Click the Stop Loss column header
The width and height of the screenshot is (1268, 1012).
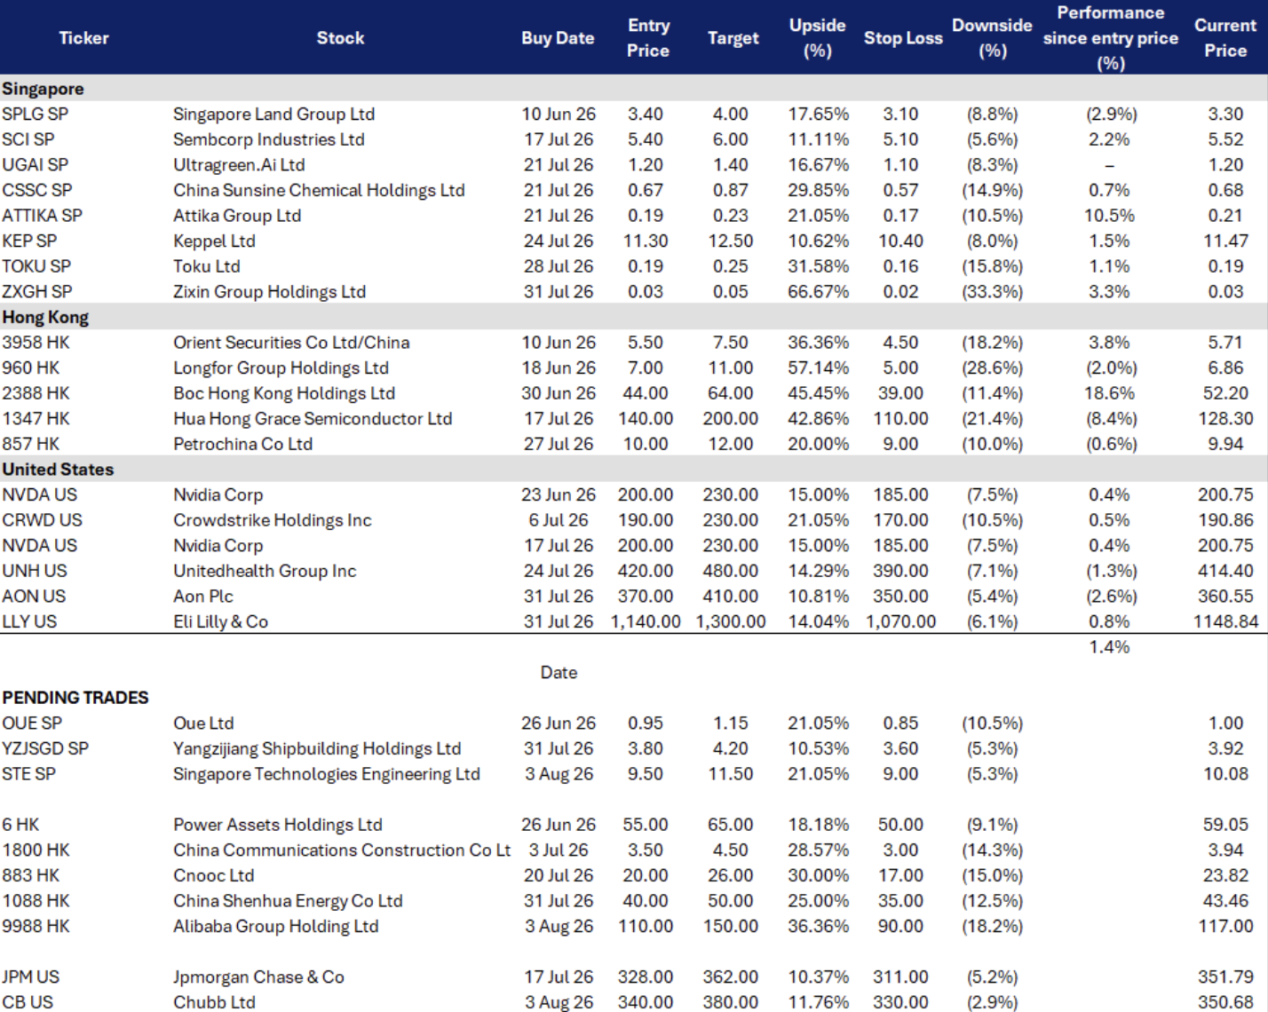pos(903,38)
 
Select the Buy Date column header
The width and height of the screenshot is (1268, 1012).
pos(558,38)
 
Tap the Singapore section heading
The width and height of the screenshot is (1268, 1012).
pos(43,89)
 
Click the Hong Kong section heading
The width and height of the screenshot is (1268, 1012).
pos(45,318)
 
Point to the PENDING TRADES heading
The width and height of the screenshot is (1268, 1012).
pos(75,698)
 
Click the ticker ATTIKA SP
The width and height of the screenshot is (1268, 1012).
pos(42,216)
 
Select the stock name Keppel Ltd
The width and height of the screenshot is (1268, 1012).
pos(214,241)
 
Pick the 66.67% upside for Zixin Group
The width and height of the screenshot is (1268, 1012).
pos(818,291)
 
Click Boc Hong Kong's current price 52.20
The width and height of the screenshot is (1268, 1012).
pos(1225,393)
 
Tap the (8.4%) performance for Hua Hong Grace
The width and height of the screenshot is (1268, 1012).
pos(1111,418)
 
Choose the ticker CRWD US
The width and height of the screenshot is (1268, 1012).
pos(42,520)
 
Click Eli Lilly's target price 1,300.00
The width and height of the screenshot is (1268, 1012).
pos(731,621)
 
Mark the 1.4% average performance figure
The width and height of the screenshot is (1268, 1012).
pos(1109,647)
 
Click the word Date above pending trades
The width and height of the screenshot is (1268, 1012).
pos(559,672)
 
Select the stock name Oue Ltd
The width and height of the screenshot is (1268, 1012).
pos(203,723)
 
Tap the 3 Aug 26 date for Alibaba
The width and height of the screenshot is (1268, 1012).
pos(559,926)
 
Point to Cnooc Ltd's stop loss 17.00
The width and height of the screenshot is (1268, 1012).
pos(900,875)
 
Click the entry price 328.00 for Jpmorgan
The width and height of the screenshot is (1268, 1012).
pos(646,976)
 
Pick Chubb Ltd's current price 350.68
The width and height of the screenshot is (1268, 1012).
pos(1225,1002)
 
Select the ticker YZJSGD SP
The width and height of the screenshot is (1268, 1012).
pos(45,748)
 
